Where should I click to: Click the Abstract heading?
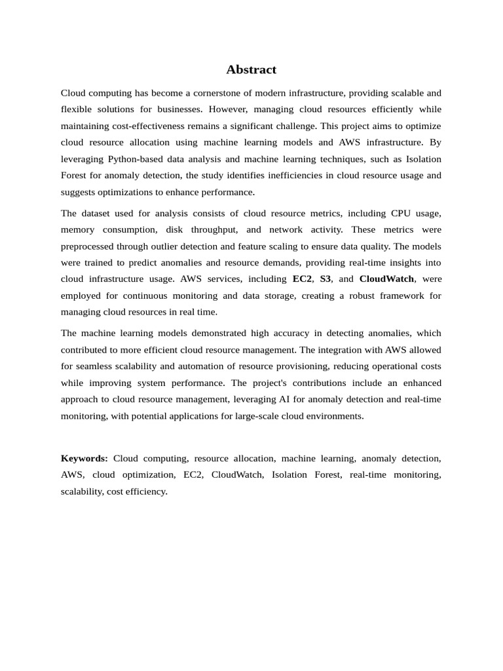(x=251, y=69)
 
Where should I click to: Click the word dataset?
(x=98, y=213)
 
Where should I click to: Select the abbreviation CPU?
(x=401, y=213)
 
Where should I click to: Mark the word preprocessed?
(x=87, y=246)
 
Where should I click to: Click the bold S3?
(x=325, y=279)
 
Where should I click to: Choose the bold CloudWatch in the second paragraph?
(x=386, y=279)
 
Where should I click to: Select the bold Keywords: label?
(x=84, y=458)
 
